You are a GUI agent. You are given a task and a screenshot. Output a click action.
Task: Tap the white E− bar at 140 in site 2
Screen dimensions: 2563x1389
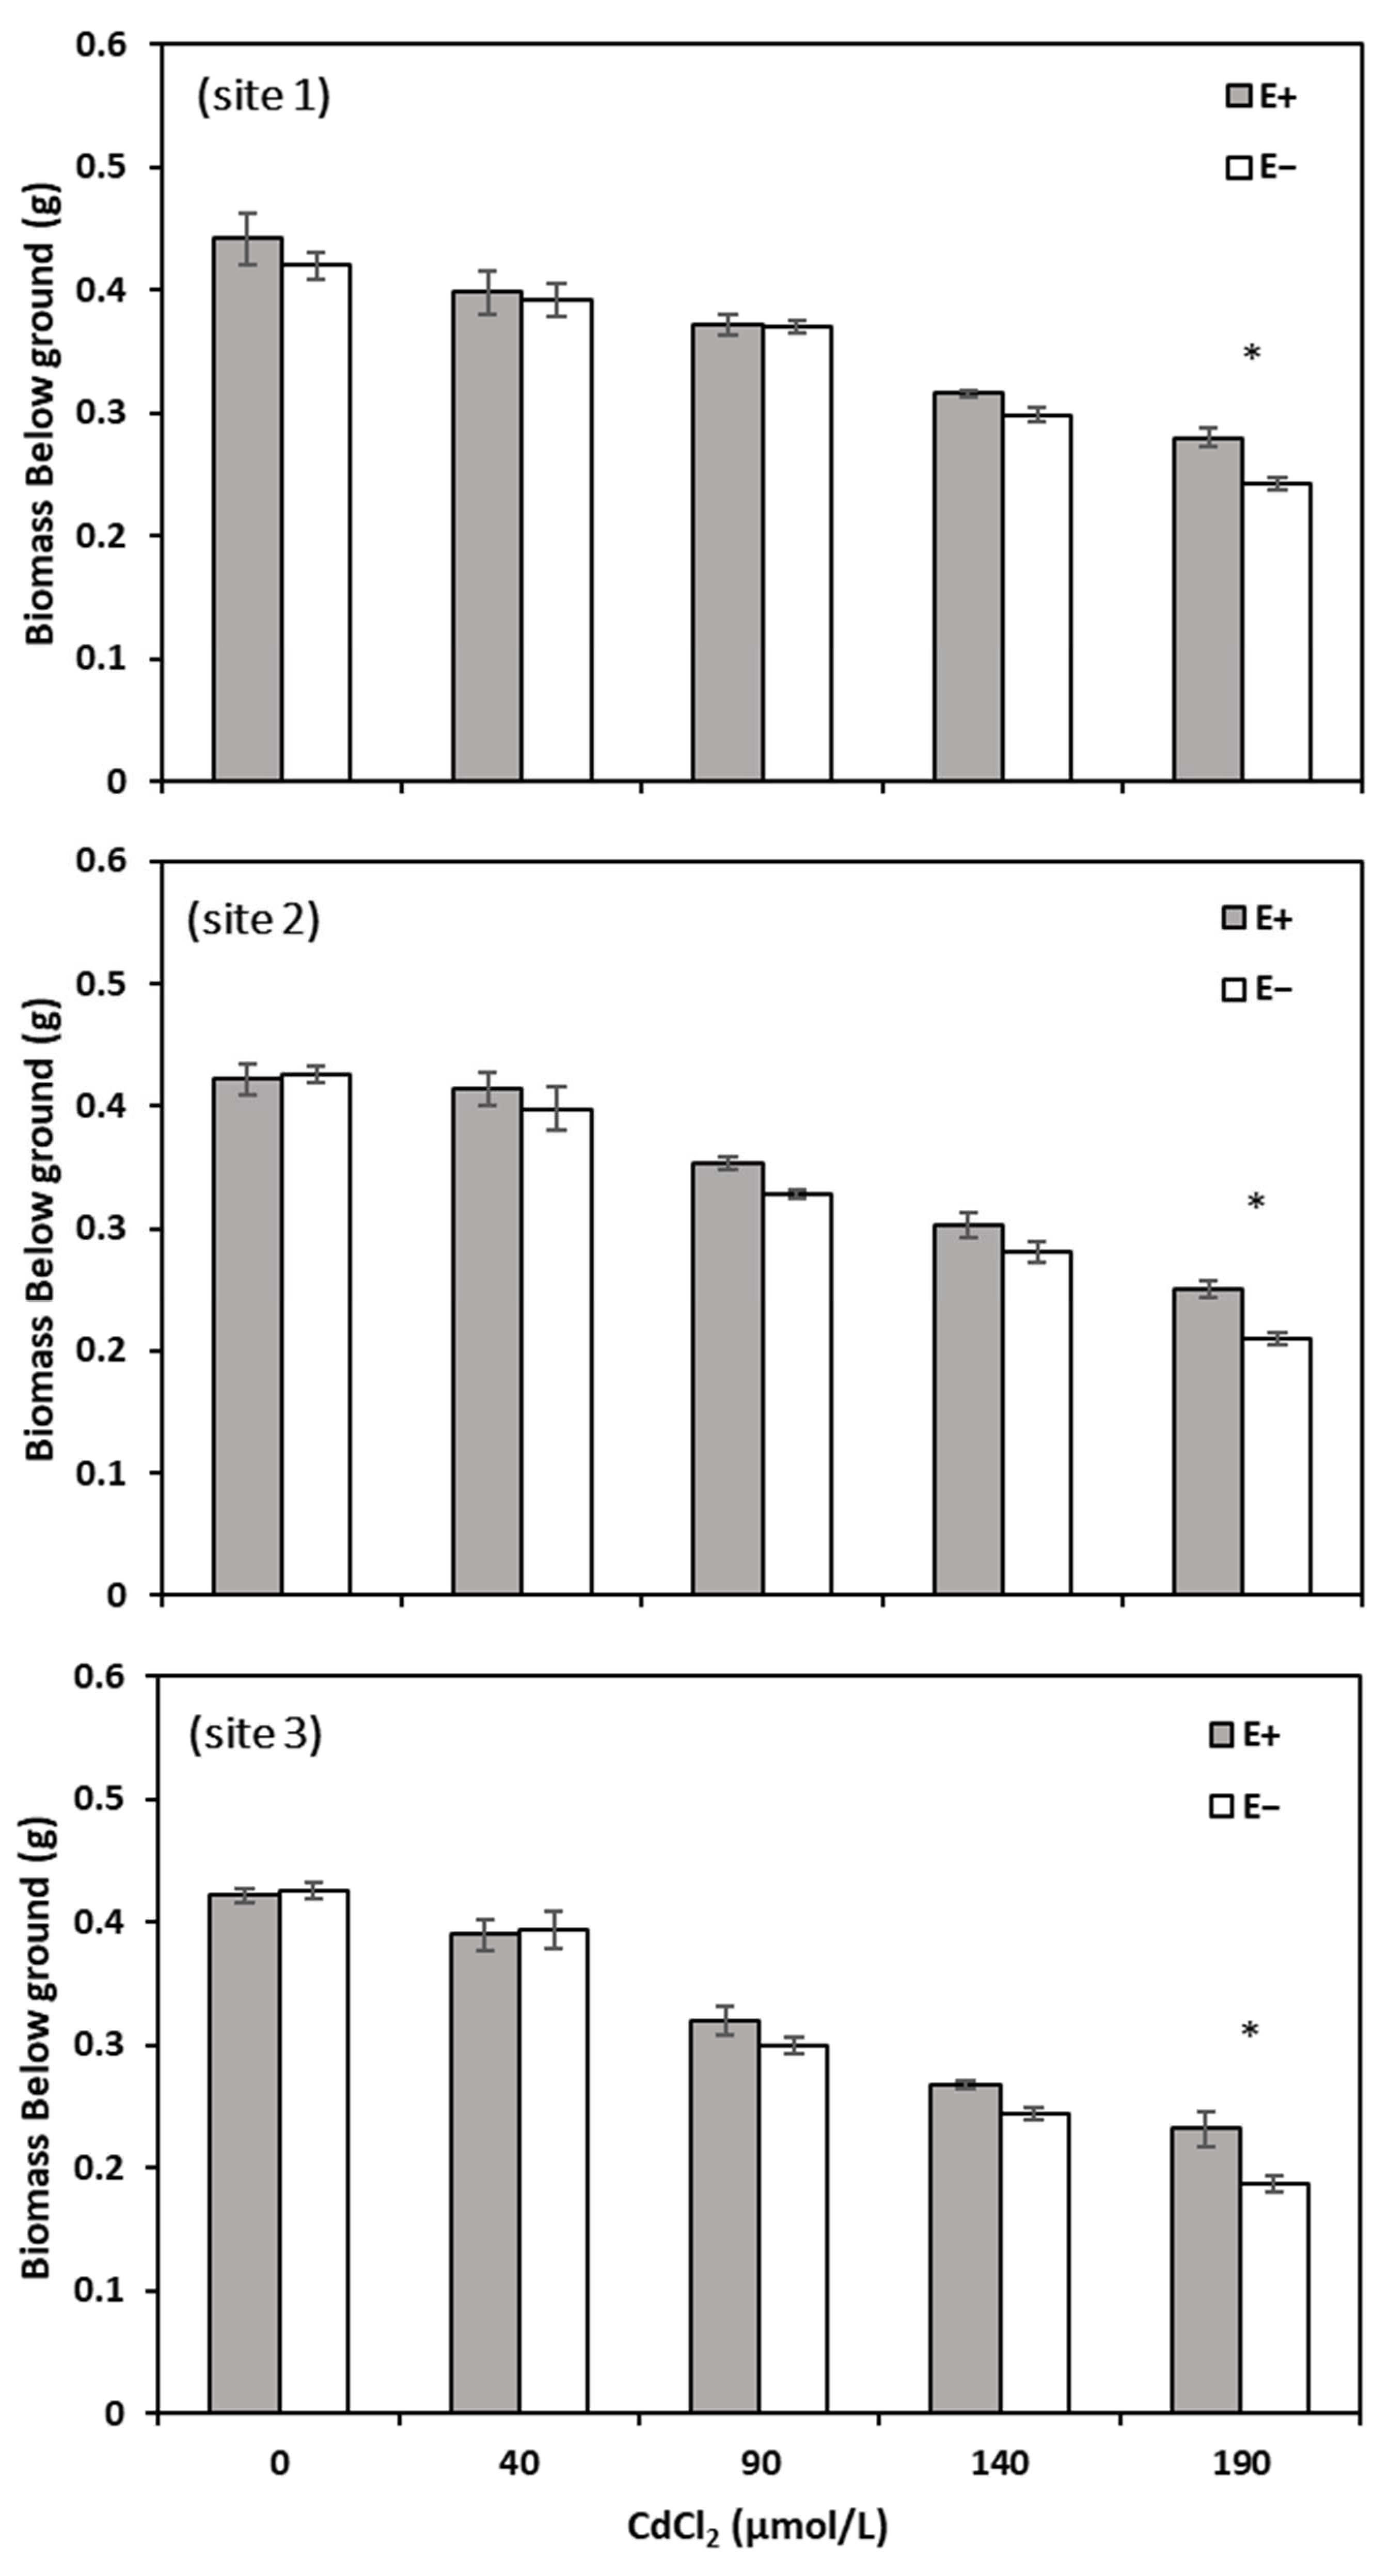[1037, 1423]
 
